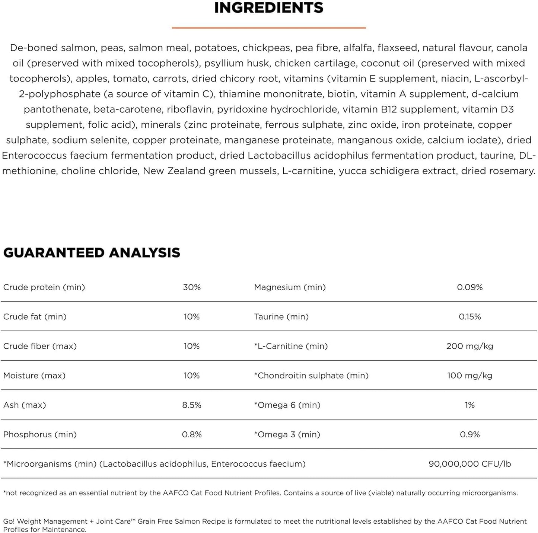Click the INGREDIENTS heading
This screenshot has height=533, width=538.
(x=269, y=8)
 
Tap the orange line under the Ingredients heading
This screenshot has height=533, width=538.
(x=269, y=28)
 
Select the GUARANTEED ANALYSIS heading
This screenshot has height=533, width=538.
(x=92, y=253)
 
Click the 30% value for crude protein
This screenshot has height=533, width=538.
(x=192, y=287)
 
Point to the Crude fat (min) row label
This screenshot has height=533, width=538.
(x=35, y=317)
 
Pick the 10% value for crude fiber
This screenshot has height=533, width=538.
(x=192, y=346)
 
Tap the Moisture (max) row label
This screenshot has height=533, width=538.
(x=34, y=376)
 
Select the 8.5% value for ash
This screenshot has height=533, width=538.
(x=192, y=405)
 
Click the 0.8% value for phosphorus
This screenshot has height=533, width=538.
(x=192, y=434)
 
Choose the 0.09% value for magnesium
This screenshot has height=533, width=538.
(x=469, y=287)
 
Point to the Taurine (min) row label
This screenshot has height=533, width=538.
(x=281, y=317)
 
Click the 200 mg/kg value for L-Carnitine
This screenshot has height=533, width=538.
(x=469, y=346)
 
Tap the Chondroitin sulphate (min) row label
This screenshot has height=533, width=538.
(x=311, y=376)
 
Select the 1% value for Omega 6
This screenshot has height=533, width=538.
(x=469, y=405)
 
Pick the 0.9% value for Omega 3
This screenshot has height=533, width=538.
(x=469, y=434)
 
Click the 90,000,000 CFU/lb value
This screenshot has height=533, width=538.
(x=469, y=464)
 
